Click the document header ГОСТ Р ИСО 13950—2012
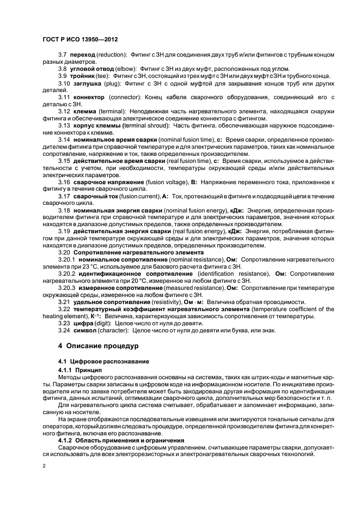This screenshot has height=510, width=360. point(81,41)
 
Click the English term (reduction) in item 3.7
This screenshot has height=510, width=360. point(112,55)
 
